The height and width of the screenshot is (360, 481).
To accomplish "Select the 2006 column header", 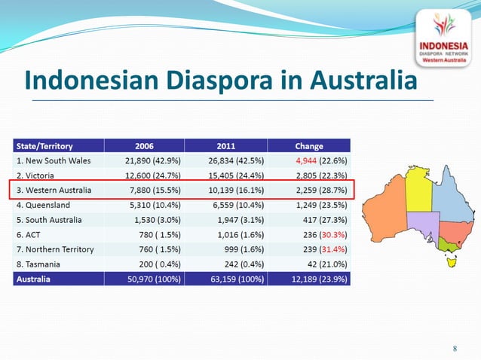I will point(145,146).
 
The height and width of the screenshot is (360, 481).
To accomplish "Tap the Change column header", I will point(309,146).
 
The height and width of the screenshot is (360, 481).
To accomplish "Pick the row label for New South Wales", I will point(54,160).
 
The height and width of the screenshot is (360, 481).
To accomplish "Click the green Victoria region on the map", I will point(452,244).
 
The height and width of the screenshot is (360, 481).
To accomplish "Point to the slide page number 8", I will point(455,348).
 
